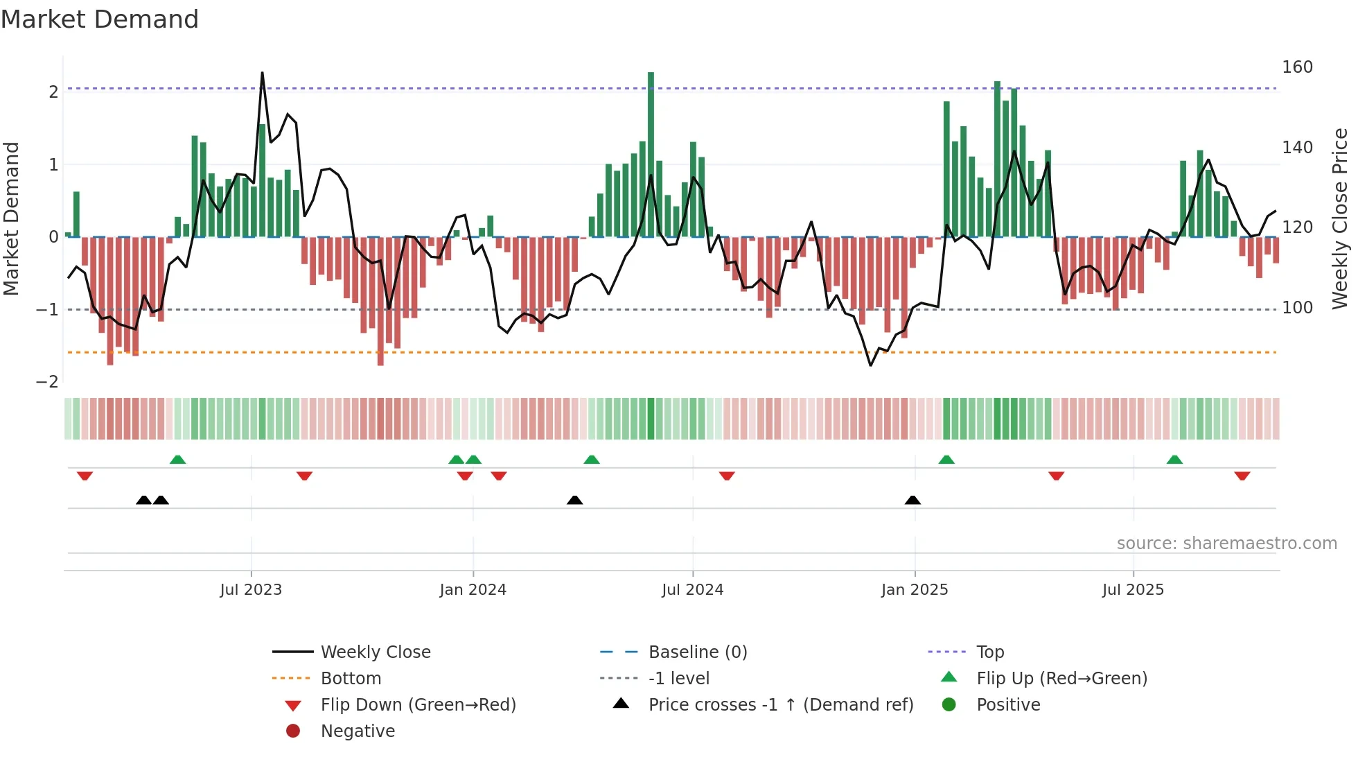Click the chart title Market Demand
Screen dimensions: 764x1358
pos(100,19)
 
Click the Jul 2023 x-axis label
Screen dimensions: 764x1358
pos(251,590)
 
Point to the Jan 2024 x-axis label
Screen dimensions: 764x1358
pos(473,590)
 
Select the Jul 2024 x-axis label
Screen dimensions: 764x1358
pos(692,590)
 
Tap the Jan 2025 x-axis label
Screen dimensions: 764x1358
pos(915,590)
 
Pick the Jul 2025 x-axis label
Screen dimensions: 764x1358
pos(1133,590)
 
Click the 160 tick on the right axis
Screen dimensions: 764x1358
pos(1297,67)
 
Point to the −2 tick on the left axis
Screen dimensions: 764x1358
pos(47,382)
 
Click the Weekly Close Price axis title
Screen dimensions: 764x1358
pos(1340,218)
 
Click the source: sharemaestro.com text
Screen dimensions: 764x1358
pos(1226,544)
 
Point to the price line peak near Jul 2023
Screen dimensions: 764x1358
pos(262,73)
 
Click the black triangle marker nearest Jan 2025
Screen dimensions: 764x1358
pos(912,500)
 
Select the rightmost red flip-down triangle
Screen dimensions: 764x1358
pos(1242,476)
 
